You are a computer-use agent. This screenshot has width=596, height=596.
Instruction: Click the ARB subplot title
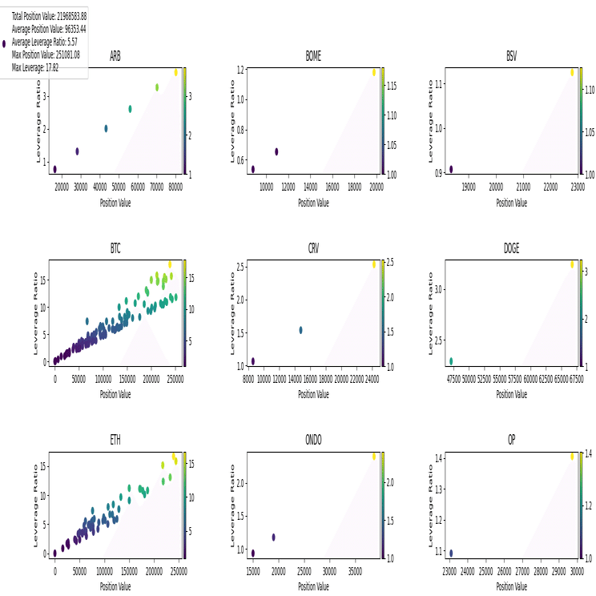point(115,56)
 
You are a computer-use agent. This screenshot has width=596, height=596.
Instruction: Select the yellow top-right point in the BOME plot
point(373,72)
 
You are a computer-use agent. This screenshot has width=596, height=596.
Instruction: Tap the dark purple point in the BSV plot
point(451,169)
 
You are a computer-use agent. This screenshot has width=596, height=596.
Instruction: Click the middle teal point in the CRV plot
point(300,330)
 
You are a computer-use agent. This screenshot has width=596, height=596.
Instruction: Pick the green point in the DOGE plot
point(451,361)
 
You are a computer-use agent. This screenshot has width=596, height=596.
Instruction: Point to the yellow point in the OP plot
point(573,457)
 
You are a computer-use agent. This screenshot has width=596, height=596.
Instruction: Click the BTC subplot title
point(115,248)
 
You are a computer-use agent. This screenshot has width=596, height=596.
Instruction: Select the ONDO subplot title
point(313,441)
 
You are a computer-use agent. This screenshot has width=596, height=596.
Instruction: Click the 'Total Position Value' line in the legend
point(49,16)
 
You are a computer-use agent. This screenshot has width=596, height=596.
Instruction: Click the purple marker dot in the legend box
point(5,43)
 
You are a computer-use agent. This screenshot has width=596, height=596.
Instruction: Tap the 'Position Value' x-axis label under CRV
point(313,394)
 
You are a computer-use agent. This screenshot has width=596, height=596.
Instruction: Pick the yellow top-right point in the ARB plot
point(175,72)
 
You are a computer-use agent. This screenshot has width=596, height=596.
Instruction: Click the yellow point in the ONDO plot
point(373,457)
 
